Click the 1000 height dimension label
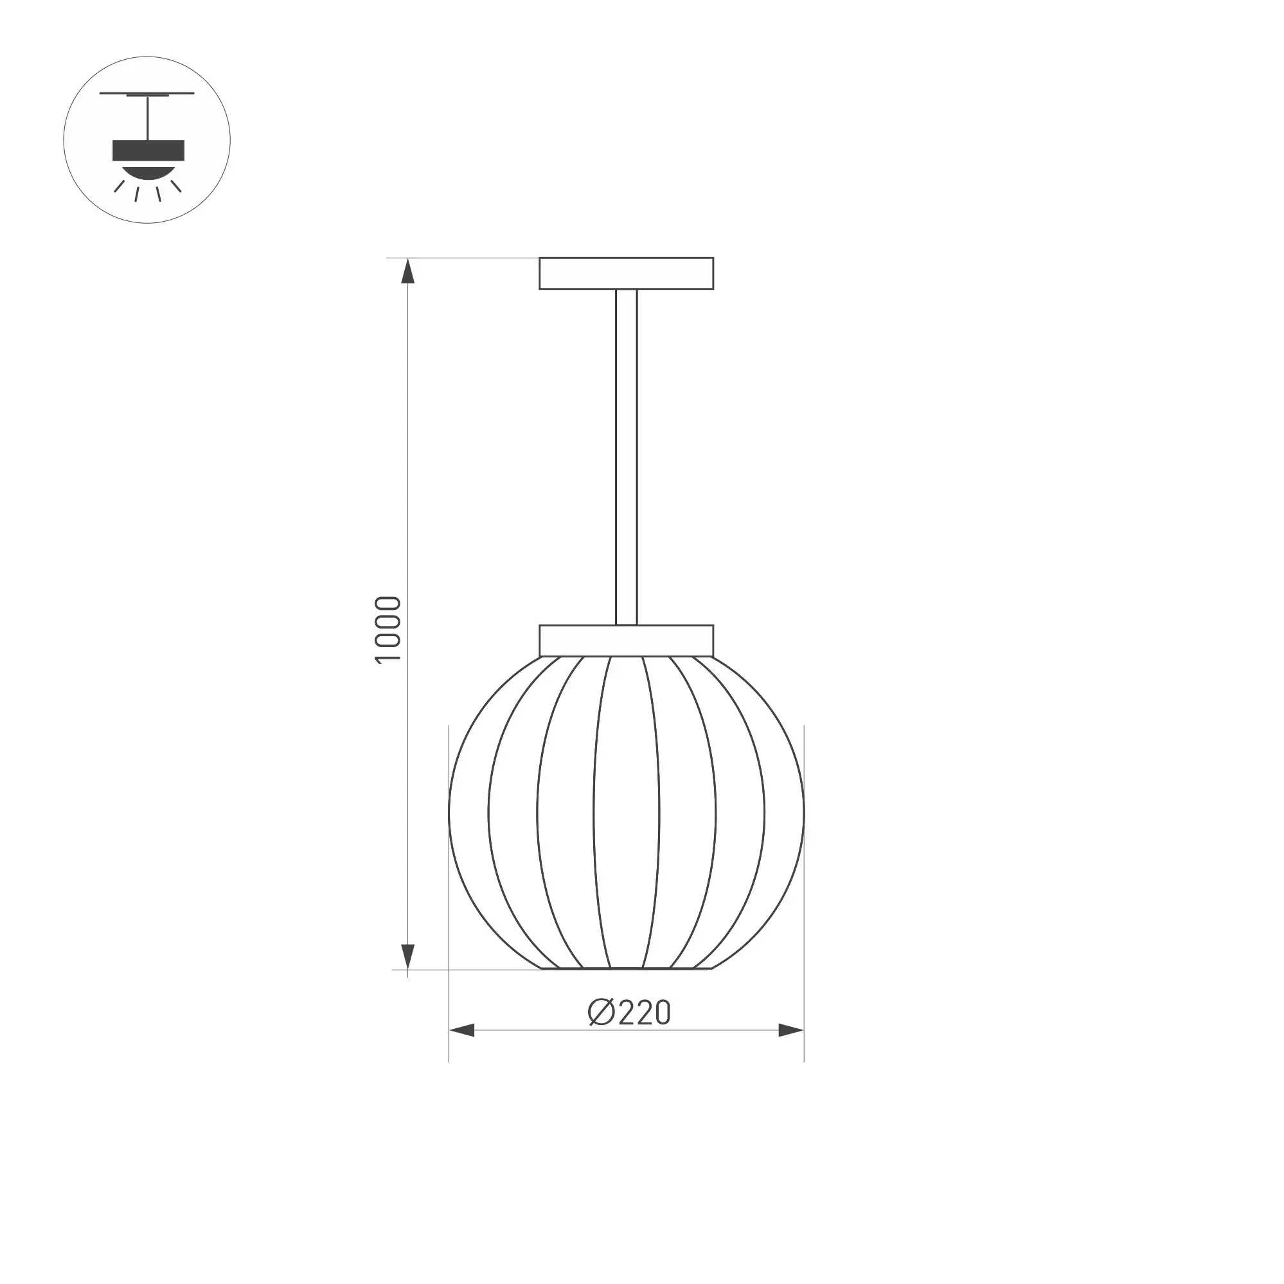tap(389, 629)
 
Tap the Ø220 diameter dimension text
tap(629, 1012)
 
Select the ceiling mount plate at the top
tap(626, 273)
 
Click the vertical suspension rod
tap(626, 458)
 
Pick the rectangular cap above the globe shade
tap(626, 641)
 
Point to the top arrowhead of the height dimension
tap(408, 271)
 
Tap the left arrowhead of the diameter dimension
tap(462, 1031)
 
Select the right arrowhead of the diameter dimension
tap(791, 1031)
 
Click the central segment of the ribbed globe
tap(626, 812)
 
